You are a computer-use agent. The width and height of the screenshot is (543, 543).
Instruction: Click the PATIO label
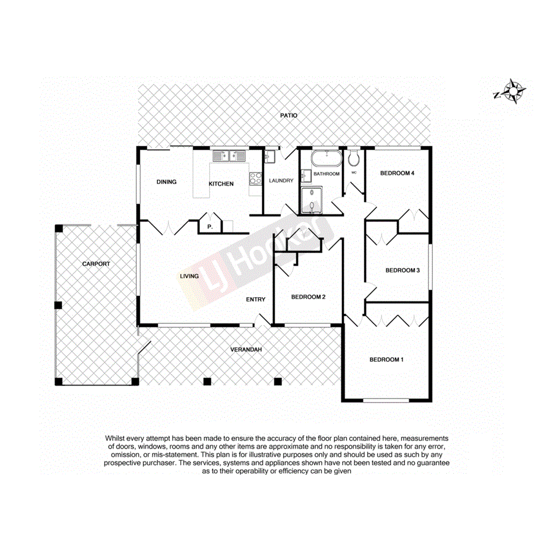[x=288, y=115]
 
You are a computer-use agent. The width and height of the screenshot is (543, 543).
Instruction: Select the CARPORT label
[x=96, y=264]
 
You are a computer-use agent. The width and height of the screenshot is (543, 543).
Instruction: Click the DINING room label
[x=167, y=182]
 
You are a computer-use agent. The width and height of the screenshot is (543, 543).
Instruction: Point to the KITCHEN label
[x=221, y=184]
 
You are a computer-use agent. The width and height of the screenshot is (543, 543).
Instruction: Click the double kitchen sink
[x=228, y=156]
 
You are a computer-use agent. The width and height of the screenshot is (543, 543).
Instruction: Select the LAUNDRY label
[x=281, y=181]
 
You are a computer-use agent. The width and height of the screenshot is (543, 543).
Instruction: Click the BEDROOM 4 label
[x=397, y=173]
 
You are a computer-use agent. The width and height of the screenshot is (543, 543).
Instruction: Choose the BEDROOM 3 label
[x=403, y=270]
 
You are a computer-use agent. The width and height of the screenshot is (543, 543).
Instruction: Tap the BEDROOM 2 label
[x=308, y=297]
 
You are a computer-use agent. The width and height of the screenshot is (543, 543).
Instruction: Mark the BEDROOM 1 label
[x=386, y=359]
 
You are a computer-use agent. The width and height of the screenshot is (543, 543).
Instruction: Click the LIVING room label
[x=189, y=276]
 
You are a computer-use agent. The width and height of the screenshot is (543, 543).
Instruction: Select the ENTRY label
[x=255, y=299]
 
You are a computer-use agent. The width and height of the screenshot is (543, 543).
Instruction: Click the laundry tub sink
[x=270, y=157]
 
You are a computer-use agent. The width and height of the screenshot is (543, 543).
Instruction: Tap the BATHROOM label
[x=326, y=174]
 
